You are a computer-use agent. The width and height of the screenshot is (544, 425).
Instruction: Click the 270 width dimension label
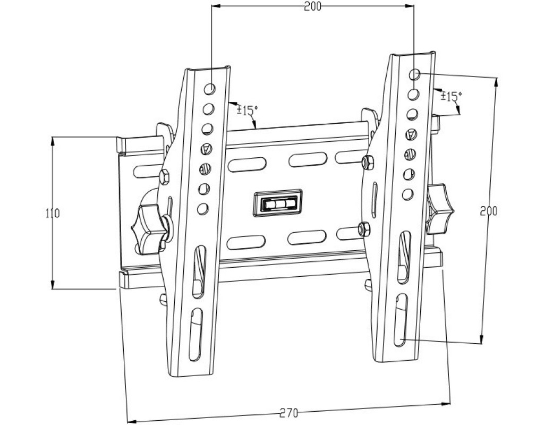pyautogui.click(x=288, y=411)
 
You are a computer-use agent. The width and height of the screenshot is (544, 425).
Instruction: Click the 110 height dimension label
pyautogui.click(x=52, y=214)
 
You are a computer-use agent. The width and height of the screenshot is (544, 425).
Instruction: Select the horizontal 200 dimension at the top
pyautogui.click(x=313, y=6)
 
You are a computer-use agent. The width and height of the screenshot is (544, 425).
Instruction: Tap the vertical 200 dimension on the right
pyautogui.click(x=488, y=210)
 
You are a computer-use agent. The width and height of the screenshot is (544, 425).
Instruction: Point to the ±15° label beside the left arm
pyautogui.click(x=247, y=110)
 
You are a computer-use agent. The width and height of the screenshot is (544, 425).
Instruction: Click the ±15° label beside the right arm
pyautogui.click(x=451, y=97)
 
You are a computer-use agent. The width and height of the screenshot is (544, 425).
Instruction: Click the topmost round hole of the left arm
pyautogui.click(x=210, y=89)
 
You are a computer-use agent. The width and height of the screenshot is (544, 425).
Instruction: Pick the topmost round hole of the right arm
pyautogui.click(x=417, y=74)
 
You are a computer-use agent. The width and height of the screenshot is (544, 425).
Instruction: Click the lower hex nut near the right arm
pyautogui.click(x=364, y=228)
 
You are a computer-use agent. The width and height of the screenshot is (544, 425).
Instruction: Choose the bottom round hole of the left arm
pyautogui.click(x=202, y=208)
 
